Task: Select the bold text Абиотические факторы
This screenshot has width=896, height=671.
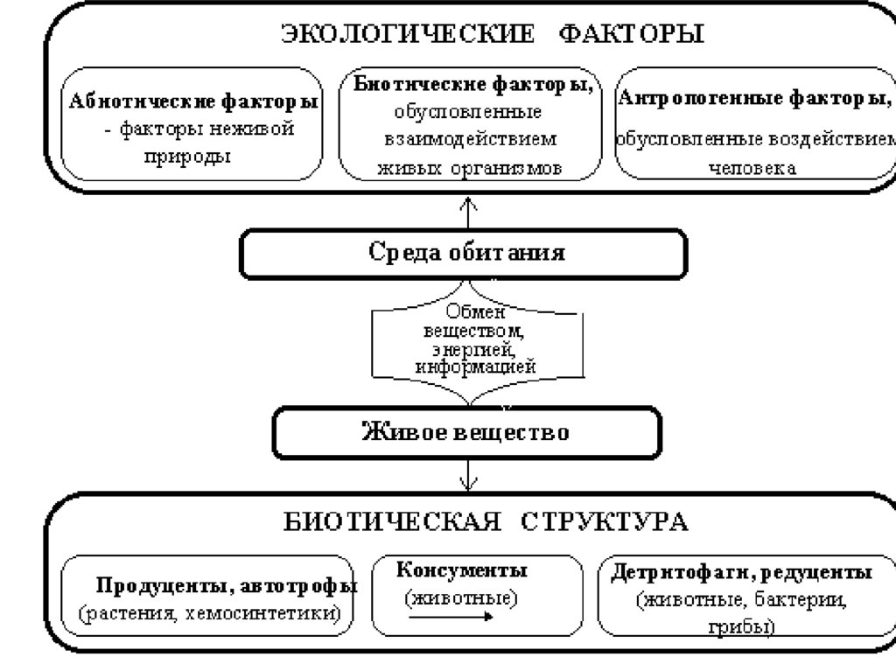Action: tap(193, 101)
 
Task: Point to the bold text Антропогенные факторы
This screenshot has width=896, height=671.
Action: tap(756, 97)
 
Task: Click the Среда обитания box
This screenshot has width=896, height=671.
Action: tap(465, 254)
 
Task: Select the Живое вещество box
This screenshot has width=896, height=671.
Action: tap(465, 432)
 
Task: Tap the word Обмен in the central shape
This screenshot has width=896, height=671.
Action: tap(470, 312)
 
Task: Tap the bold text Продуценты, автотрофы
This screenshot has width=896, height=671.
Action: tap(226, 585)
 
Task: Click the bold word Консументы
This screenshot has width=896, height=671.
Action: tap(462, 571)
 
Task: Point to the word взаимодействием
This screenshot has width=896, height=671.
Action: tap(470, 140)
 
